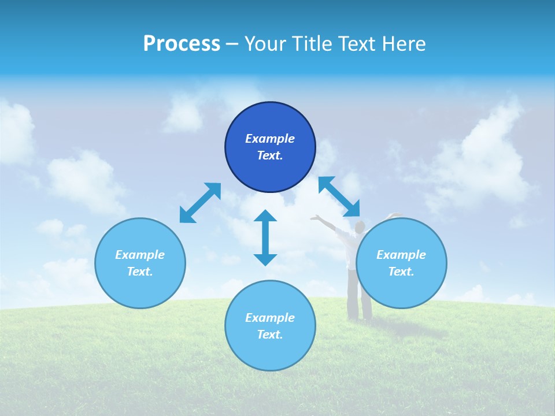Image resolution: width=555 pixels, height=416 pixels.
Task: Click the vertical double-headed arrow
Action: [265, 237]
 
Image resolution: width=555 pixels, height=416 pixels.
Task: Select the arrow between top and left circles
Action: [200, 203]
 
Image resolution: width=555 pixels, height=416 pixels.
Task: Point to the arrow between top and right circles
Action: [339, 196]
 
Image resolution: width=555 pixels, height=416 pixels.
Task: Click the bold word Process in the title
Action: [182, 43]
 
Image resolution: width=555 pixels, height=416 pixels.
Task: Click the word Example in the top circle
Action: [270, 139]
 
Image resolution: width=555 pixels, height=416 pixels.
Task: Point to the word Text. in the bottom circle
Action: [270, 335]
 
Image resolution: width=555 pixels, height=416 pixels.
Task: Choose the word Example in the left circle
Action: [140, 255]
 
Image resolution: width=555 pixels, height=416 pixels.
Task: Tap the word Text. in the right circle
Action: [401, 272]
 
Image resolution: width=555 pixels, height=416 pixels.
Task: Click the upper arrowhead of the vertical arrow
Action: [265, 217]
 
